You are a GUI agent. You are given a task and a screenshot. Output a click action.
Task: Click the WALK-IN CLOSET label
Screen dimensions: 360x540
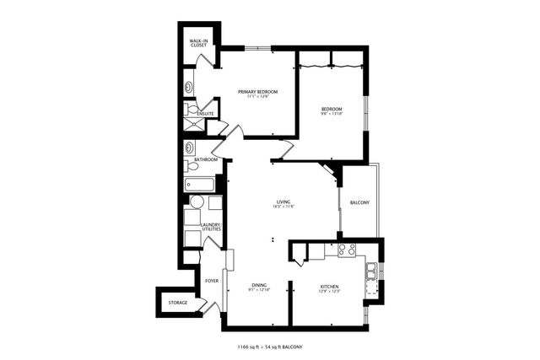(198, 42)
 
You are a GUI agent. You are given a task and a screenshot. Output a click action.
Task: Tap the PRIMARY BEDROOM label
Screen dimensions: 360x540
(257, 91)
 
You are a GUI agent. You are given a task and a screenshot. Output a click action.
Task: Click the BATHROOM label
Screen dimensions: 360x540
(206, 159)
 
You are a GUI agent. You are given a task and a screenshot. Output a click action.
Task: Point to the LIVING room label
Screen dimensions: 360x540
(283, 201)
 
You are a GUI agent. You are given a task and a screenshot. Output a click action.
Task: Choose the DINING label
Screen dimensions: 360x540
(258, 286)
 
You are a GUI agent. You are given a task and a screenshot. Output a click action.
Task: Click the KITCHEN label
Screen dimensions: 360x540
(329, 287)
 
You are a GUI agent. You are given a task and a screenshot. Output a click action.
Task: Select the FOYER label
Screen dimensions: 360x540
(211, 281)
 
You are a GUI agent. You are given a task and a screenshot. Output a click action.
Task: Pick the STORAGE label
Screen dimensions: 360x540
(177, 302)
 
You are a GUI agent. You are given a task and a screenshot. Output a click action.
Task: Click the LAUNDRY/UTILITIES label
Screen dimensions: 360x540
(210, 227)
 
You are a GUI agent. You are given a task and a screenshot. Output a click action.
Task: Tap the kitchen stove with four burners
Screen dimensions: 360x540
(346, 250)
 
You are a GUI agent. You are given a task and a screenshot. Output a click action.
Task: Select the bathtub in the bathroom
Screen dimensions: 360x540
(200, 183)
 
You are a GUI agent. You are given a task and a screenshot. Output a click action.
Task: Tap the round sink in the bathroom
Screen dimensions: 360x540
(187, 148)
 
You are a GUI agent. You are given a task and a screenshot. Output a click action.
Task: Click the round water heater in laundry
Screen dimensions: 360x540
(196, 202)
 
